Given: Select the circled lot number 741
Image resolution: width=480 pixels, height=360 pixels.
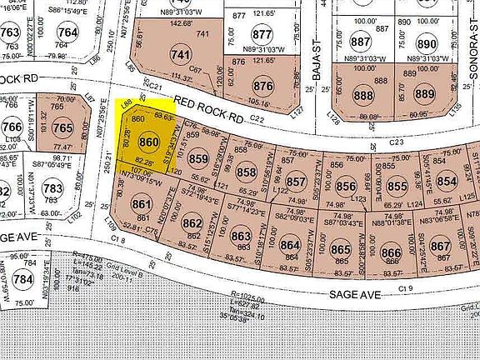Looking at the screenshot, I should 181,55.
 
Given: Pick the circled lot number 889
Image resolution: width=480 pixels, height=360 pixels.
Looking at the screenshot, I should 426,94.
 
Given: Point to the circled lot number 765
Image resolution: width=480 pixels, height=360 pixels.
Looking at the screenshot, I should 62,129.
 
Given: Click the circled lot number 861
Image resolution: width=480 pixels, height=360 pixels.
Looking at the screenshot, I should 142,204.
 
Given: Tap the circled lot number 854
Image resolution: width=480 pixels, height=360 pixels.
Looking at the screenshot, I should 447,182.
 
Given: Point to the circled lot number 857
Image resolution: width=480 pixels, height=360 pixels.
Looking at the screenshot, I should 296,182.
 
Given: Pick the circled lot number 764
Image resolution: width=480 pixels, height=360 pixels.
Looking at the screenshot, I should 68,33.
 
